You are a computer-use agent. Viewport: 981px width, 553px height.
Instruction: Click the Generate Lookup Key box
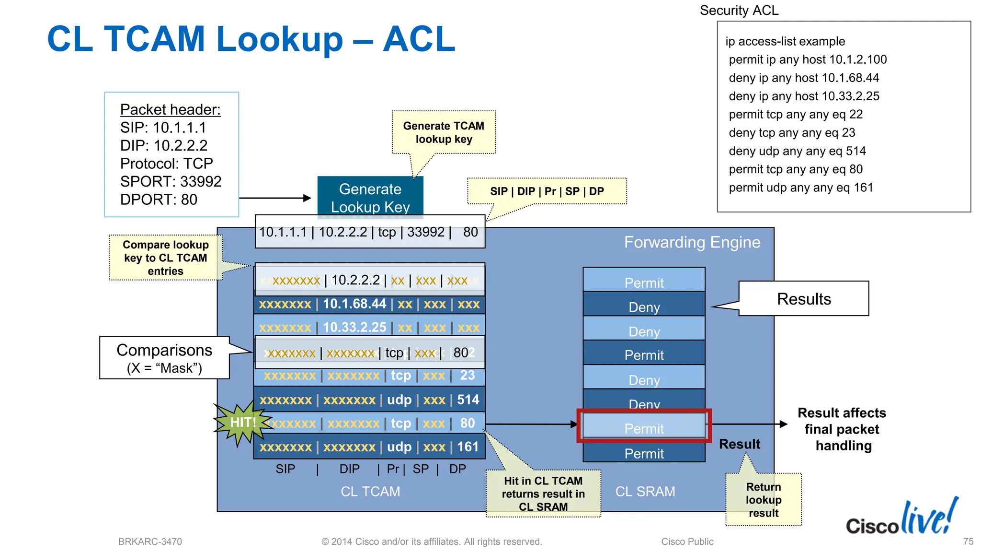click(x=370, y=197)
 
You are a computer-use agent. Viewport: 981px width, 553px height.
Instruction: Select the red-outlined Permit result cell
click(x=644, y=426)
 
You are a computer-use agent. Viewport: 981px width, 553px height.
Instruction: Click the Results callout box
click(x=803, y=299)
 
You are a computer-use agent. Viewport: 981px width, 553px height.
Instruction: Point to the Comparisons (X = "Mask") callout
click(x=164, y=358)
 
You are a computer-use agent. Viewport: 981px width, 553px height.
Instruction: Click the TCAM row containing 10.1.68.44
click(x=369, y=304)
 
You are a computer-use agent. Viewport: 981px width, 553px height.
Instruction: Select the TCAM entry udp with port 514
click(x=369, y=400)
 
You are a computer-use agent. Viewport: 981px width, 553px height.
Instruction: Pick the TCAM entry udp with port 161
click(x=369, y=447)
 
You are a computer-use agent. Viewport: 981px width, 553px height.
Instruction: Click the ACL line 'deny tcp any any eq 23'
click(x=791, y=132)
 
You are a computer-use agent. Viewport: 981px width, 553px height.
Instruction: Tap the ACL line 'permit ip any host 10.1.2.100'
click(x=808, y=59)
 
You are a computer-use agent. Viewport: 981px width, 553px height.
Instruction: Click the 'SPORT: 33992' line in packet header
click(x=171, y=181)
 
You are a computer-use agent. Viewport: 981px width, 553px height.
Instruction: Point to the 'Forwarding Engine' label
click(x=692, y=242)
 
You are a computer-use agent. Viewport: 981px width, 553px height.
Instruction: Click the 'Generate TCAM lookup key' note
click(x=444, y=132)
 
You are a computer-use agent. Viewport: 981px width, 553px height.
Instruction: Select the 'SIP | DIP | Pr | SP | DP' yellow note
click(x=547, y=191)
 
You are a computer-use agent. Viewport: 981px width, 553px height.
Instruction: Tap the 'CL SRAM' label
click(x=645, y=492)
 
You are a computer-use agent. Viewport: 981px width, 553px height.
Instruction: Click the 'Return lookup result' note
click(x=763, y=500)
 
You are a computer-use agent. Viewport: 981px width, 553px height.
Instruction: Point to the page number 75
click(x=968, y=541)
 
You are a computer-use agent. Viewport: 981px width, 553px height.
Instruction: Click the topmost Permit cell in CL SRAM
click(x=644, y=281)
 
